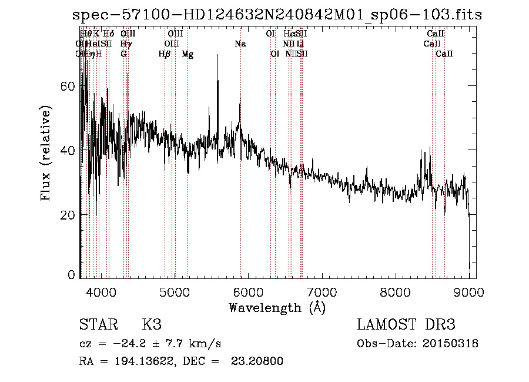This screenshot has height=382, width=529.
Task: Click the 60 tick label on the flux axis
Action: (68, 86)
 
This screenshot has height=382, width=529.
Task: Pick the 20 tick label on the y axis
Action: (68, 215)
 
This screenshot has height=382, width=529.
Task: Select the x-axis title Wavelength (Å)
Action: (277, 307)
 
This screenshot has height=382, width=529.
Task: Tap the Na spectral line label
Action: (240, 44)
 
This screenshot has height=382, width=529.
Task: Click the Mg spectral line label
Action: (188, 54)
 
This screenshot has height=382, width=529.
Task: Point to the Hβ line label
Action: (165, 54)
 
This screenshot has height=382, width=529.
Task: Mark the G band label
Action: (123, 54)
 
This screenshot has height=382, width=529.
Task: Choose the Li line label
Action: (300, 44)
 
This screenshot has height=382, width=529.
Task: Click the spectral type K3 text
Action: (152, 325)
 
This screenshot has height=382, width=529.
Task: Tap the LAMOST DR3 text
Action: (406, 325)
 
